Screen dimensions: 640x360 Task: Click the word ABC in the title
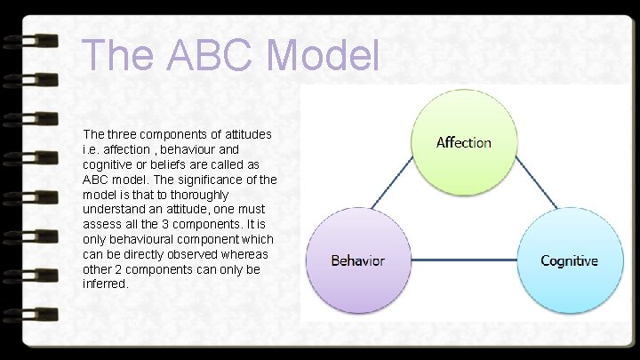pyautogui.click(x=204, y=54)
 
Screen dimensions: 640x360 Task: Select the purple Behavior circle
pyautogui.click(x=358, y=260)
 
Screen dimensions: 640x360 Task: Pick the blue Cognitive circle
pyautogui.click(x=569, y=260)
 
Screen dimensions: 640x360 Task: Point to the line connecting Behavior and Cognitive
pyautogui.click(x=463, y=260)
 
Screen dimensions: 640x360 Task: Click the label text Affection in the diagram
pyautogui.click(x=463, y=142)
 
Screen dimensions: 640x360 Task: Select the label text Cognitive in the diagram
pyautogui.click(x=569, y=260)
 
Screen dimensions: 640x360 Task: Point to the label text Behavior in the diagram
pyautogui.click(x=358, y=260)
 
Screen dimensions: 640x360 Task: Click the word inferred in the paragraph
pyautogui.click(x=106, y=284)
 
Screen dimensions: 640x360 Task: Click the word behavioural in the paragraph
pyautogui.click(x=149, y=239)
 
